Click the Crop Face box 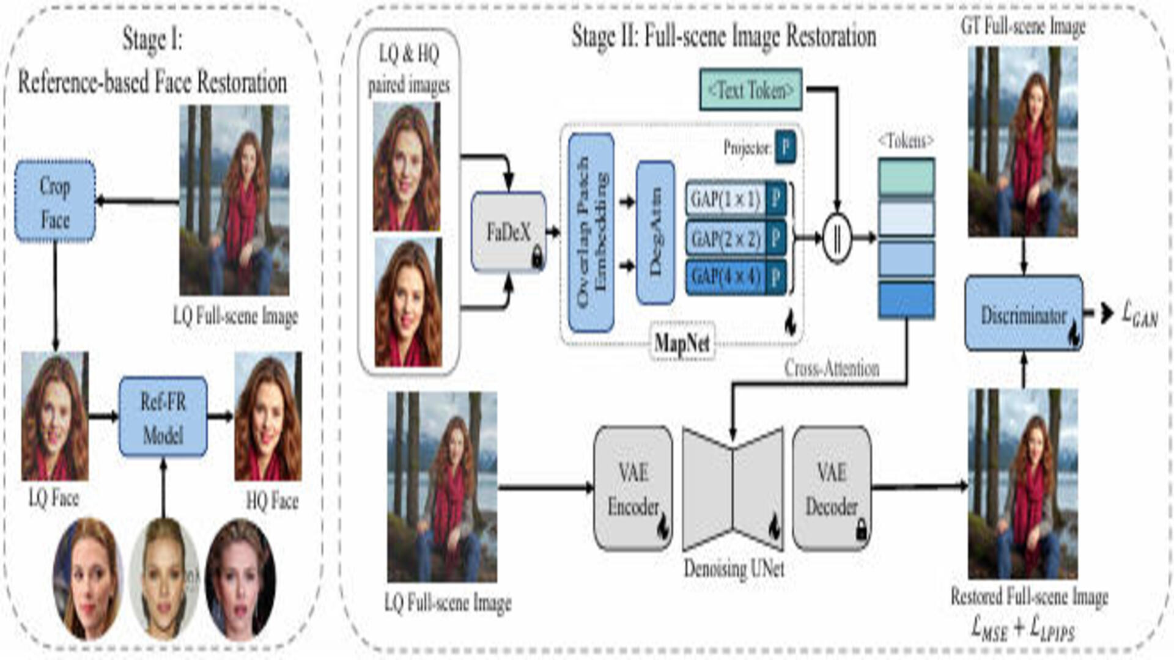[55, 201]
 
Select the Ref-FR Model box [163, 417]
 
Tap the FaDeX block [508, 232]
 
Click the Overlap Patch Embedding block [591, 232]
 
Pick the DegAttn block [655, 232]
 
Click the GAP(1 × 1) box [726, 199]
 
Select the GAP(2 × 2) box [726, 238]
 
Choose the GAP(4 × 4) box [726, 277]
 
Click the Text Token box [750, 90]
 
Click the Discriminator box [1024, 314]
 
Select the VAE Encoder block [633, 488]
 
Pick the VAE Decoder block [832, 488]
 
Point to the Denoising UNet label [733, 568]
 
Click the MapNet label [682, 342]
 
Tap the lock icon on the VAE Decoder [862, 529]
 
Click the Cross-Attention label [832, 368]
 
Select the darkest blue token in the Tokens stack [906, 299]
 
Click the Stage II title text [723, 36]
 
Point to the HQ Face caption [272, 501]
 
